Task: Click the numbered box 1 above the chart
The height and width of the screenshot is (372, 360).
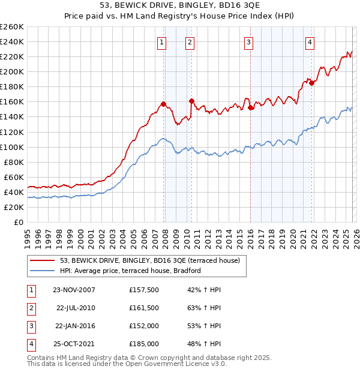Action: point(163,42)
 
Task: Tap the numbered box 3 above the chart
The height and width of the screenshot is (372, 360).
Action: point(248,42)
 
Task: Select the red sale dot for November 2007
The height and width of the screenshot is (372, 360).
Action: point(164,104)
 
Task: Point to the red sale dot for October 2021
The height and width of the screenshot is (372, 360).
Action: point(311,83)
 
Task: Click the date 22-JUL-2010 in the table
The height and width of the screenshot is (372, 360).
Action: point(76,308)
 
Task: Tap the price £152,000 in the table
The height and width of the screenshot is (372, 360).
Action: point(144,326)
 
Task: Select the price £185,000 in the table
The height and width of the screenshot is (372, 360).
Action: point(144,344)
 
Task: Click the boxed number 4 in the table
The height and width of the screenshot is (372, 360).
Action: point(31,344)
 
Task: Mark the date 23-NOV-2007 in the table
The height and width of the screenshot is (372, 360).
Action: point(74,290)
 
